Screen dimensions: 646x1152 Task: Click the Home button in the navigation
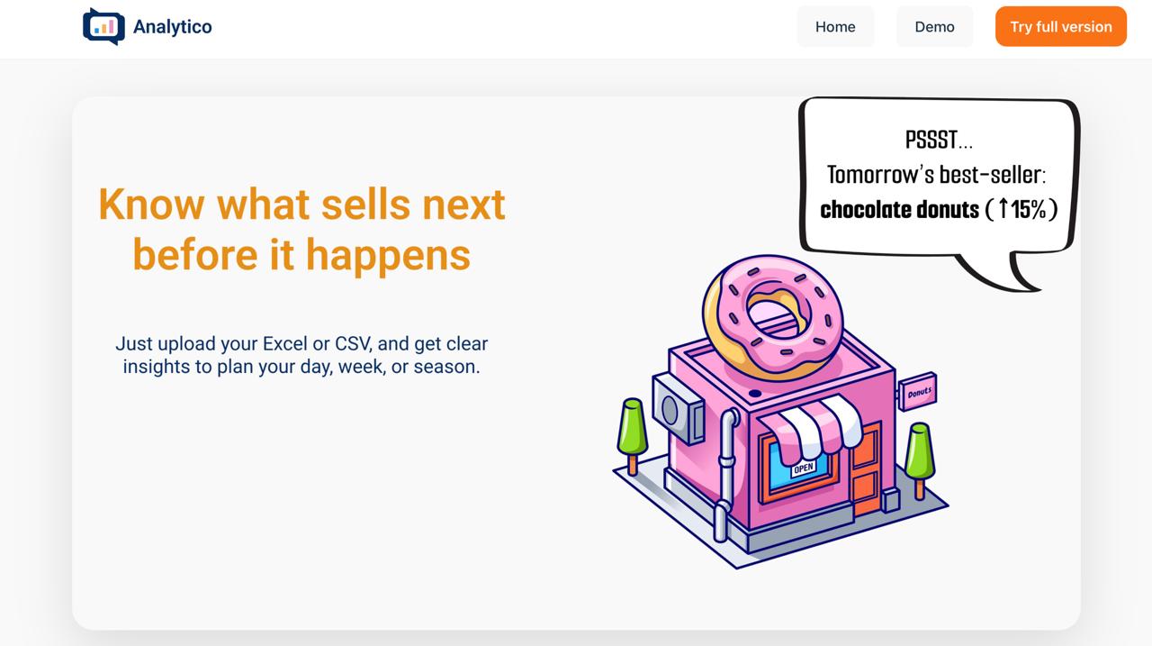tap(835, 27)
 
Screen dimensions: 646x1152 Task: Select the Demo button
tap(934, 27)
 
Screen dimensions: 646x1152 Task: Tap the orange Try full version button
tap(1060, 27)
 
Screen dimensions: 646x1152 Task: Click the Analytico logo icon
tap(103, 26)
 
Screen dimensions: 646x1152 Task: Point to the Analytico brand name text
tap(173, 27)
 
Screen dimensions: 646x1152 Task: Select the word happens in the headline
tap(388, 254)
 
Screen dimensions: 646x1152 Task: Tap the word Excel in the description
tap(284, 343)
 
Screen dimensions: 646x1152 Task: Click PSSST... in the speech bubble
tap(939, 141)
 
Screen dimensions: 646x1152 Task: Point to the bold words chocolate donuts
tap(899, 210)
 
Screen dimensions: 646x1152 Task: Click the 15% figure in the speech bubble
tap(1028, 210)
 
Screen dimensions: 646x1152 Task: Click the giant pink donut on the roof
tap(771, 314)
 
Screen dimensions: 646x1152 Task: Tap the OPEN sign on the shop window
tap(804, 468)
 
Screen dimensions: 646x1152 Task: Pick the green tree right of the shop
tap(919, 451)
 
